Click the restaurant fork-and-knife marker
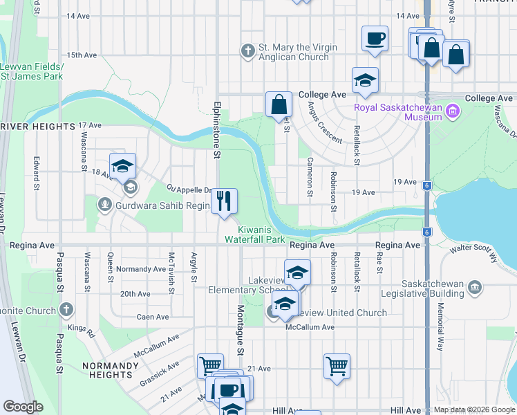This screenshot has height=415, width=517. (224, 201)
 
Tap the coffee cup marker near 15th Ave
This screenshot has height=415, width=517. (375, 39)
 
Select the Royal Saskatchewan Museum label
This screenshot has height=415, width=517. (397, 112)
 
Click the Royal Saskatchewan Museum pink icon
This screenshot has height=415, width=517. (453, 111)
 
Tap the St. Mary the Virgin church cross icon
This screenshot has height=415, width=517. (247, 51)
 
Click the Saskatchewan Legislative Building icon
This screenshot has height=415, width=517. (474, 286)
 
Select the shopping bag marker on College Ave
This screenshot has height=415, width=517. (279, 105)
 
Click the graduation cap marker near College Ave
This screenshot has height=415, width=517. (365, 80)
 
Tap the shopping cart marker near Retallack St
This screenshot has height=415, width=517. (337, 367)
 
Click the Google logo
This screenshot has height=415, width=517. (23, 407)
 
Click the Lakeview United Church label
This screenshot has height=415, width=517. (337, 313)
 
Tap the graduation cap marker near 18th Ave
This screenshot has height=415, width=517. (122, 167)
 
